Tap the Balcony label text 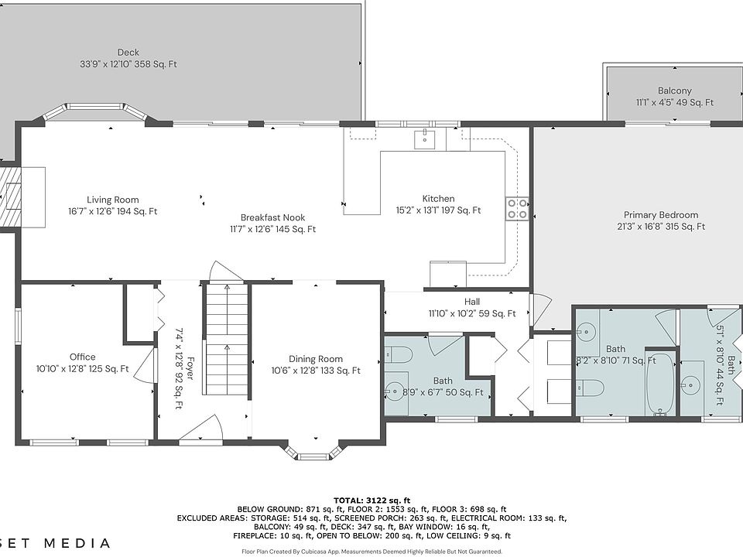(x=674, y=91)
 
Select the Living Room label (x=113, y=200)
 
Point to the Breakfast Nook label (x=272, y=218)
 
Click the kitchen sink (x=426, y=139)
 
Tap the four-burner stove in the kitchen (x=517, y=209)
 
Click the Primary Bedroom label (x=660, y=215)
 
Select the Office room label (x=83, y=357)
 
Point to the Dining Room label (x=316, y=359)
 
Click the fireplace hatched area (x=10, y=196)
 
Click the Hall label (x=472, y=302)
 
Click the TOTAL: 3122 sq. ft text (x=371, y=501)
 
